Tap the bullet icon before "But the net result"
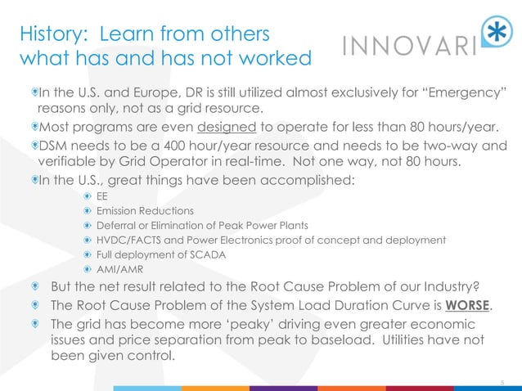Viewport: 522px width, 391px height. [34, 286]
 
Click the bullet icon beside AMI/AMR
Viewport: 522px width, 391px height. [88, 268]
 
